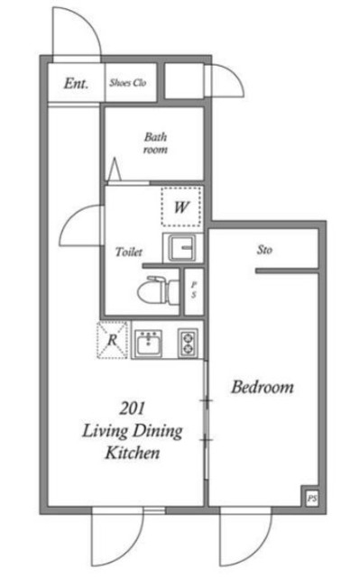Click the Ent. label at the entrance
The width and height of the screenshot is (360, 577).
pos(76,84)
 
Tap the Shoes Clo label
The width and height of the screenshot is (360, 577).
pos(128,83)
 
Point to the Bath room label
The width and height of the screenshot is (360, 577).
pos(155,143)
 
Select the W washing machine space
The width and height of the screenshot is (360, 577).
pos(181,206)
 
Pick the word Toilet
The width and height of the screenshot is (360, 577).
pos(128,252)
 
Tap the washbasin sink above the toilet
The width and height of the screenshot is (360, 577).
pos(182,248)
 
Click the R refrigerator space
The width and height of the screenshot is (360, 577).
pos(112,340)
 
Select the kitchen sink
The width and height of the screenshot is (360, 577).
pos(148,343)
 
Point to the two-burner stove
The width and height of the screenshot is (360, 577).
pos(188,343)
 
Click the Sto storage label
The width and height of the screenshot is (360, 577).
pos(264,251)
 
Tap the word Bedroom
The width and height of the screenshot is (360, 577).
pos(263,387)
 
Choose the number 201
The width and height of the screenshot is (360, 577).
pos(132,408)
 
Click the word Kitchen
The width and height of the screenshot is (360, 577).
pos(133,453)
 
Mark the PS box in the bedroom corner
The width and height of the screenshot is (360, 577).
pos(312,499)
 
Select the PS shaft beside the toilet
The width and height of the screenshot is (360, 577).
pos(194,291)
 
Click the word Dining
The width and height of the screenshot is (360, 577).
pos(158,431)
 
